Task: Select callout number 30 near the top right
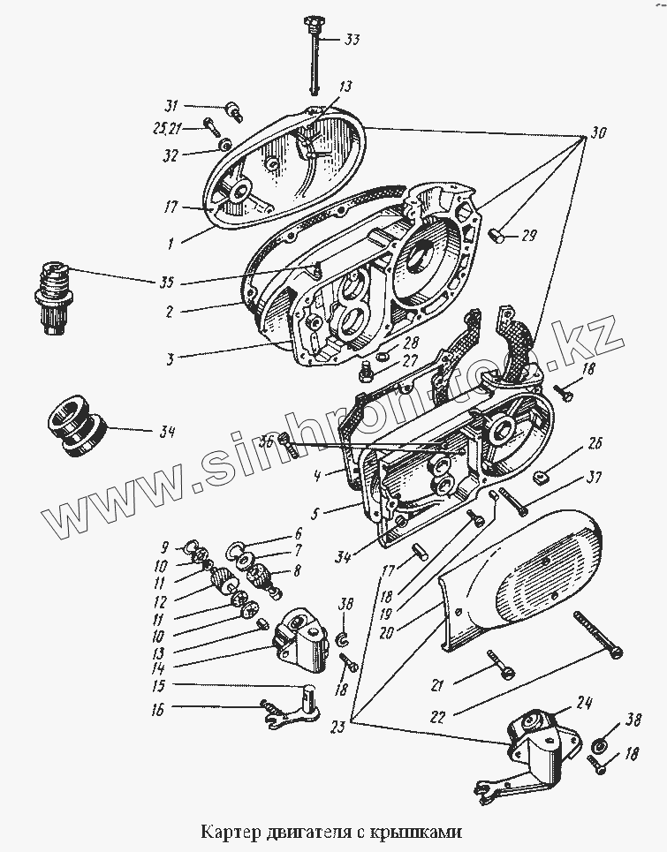point(599,135)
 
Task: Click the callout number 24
point(583,704)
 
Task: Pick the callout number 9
point(164,547)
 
